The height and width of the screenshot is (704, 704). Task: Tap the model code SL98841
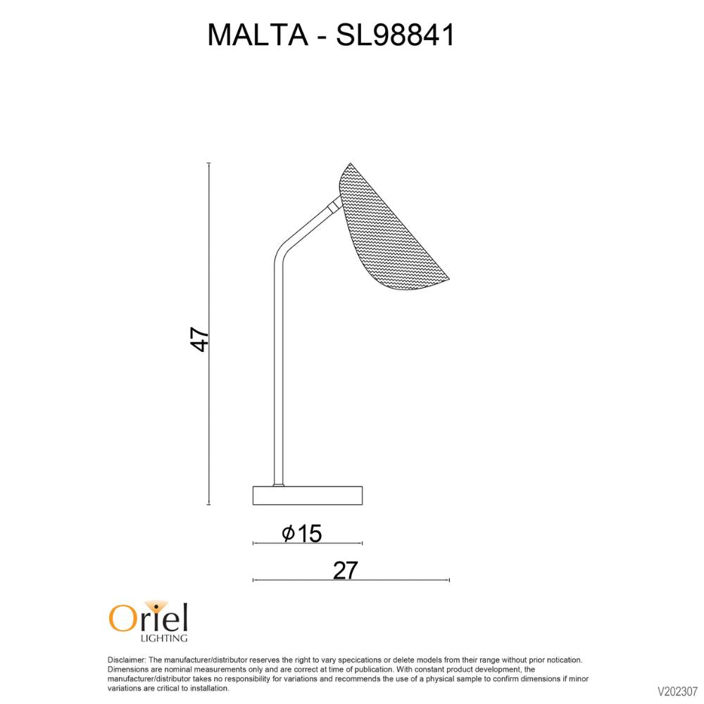(x=396, y=35)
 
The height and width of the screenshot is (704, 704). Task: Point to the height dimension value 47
(x=200, y=339)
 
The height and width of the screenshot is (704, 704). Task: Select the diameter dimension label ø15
(x=302, y=534)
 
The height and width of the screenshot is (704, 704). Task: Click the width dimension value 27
(x=346, y=570)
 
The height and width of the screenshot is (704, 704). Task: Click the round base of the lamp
(x=308, y=496)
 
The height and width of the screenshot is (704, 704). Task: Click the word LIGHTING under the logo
(x=165, y=638)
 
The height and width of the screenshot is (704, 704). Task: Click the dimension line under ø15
(x=308, y=543)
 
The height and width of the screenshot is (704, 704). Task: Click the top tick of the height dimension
(x=209, y=163)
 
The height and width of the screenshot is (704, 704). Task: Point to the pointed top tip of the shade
(x=350, y=164)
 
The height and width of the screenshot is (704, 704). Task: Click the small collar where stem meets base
(x=279, y=484)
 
